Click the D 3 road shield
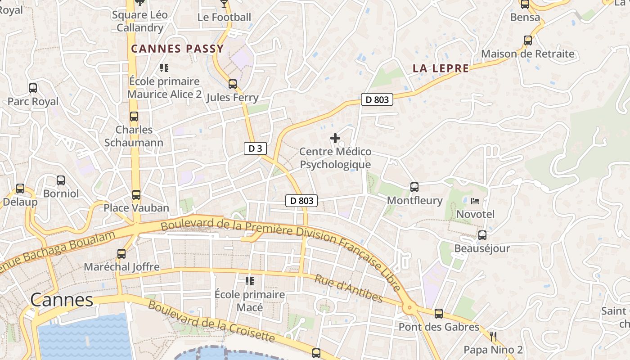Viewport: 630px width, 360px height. click(255, 148)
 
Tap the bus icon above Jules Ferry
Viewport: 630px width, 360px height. click(233, 84)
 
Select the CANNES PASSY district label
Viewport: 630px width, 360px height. click(177, 49)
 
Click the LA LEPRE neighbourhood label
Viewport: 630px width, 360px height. click(441, 68)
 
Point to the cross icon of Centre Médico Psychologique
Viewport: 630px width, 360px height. click(335, 138)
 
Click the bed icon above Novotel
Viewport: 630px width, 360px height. click(475, 201)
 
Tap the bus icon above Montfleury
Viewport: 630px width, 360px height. click(414, 187)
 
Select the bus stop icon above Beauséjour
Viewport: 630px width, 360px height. click(482, 235)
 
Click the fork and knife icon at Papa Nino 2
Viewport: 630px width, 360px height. click(493, 336)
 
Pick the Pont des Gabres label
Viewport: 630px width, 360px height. click(439, 327)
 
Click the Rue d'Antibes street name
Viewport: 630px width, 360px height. click(349, 289)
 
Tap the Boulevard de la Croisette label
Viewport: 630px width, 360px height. click(211, 321)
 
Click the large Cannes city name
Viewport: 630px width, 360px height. click(62, 300)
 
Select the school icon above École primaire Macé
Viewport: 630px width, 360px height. click(249, 281)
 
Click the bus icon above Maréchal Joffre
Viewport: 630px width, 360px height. click(121, 253)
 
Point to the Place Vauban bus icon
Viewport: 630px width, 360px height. click(136, 195)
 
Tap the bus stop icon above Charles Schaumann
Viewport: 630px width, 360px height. click(134, 117)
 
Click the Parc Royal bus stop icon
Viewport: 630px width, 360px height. click(33, 88)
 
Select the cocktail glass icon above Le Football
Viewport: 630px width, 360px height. click(224, 4)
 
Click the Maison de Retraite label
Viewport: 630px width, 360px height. click(528, 54)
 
